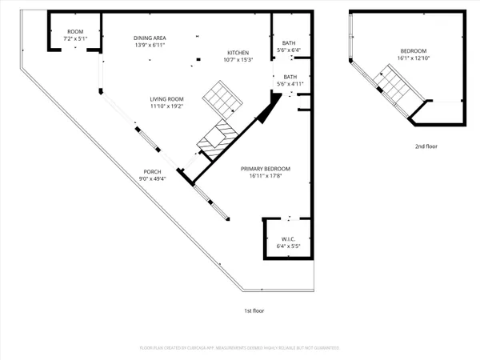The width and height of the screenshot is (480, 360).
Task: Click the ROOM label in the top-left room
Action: pos(74,31)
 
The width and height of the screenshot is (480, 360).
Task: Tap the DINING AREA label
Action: pos(150,38)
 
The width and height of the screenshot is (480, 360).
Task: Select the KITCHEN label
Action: pos(238,53)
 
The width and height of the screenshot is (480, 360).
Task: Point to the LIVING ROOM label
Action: pos(166,98)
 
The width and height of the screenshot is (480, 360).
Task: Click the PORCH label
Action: pos(152,172)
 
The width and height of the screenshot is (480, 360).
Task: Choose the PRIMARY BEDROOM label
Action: pos(266,169)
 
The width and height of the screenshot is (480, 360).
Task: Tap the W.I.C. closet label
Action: pos(289,239)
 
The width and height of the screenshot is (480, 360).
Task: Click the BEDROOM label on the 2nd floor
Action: pos(414,51)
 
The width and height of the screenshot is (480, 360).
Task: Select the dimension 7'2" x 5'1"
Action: pos(74,38)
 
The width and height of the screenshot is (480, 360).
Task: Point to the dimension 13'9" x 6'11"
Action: pos(150,45)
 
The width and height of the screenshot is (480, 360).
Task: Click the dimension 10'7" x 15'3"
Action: pos(238,60)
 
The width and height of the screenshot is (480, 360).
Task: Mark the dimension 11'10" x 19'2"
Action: pos(166,106)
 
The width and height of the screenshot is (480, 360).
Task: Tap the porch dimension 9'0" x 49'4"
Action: pos(152,179)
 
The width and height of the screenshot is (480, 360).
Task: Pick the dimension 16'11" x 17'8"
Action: pos(266,176)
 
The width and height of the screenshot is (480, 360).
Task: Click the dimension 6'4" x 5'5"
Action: pos(289,246)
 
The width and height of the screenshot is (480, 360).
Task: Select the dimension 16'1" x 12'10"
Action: pos(414,58)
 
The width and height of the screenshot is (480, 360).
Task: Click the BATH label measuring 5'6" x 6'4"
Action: pos(289,43)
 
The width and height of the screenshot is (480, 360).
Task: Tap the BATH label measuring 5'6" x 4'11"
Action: pos(289,77)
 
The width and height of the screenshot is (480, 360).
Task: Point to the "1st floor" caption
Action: pos(254,310)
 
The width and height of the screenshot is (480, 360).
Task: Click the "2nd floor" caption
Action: pos(426,146)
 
